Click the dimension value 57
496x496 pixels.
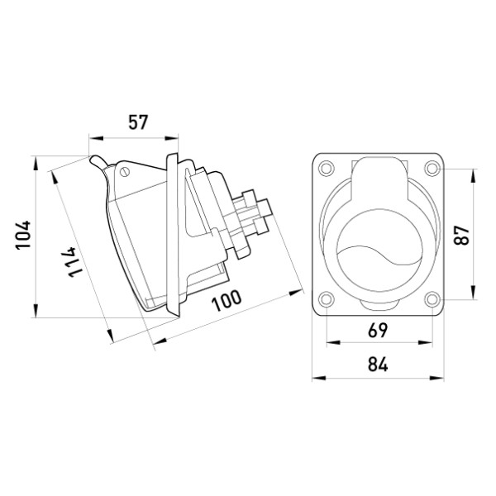(138, 122)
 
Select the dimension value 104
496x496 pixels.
(23, 235)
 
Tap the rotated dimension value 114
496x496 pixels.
(73, 262)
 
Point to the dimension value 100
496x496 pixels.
(227, 301)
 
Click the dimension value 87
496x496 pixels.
(461, 235)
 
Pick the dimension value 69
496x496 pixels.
(378, 330)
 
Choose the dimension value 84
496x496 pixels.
(378, 365)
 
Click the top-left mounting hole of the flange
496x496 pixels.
(326, 168)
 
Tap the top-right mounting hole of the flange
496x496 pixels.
(432, 168)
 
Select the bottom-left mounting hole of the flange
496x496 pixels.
(326, 299)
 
